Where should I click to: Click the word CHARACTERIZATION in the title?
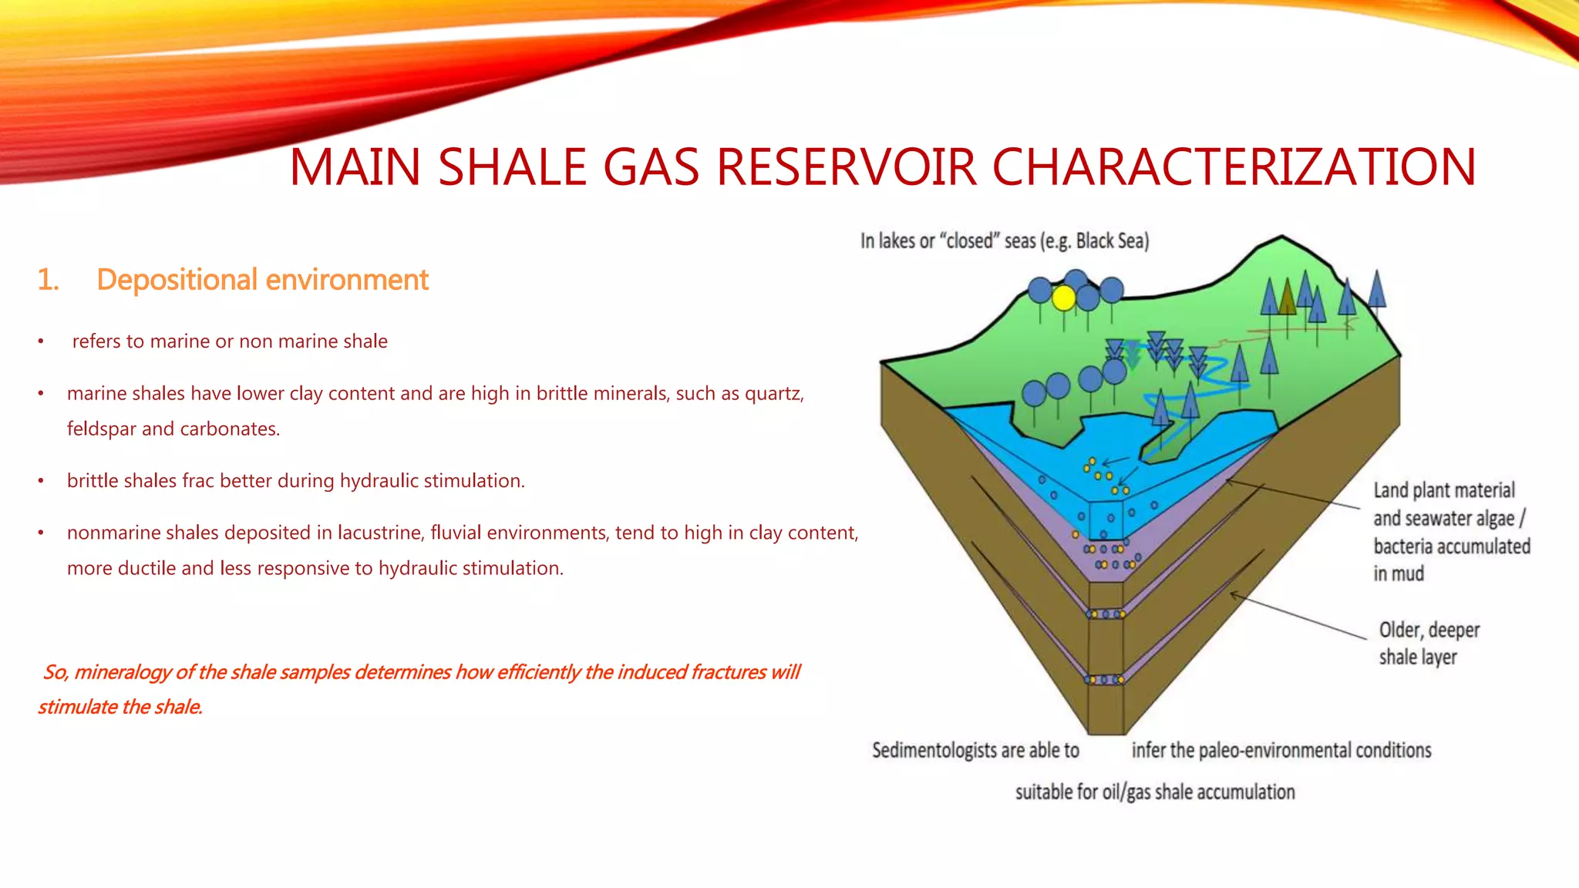tap(1234, 166)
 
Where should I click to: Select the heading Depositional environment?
tap(262, 280)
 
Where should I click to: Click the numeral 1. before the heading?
tap(49, 280)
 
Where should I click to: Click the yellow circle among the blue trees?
tap(1064, 298)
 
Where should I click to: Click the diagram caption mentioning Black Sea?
tap(1005, 241)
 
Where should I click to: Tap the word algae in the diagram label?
tap(1489, 519)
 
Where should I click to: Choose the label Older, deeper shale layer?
tap(1429, 644)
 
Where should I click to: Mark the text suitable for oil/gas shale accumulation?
tap(1155, 792)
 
